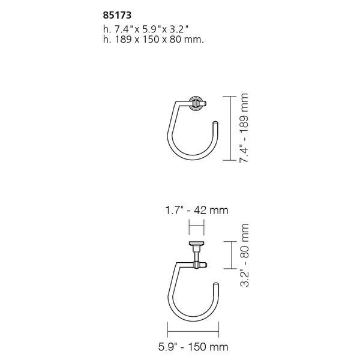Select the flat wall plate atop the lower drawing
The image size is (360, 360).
click(197, 243)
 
